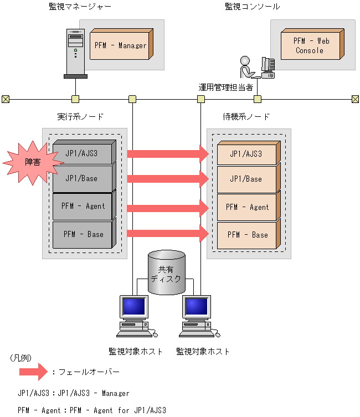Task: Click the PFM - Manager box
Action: [x=121, y=44]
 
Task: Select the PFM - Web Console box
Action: [x=312, y=44]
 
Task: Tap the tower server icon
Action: [x=75, y=54]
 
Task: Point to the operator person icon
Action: [x=246, y=67]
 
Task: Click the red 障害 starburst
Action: [x=33, y=162]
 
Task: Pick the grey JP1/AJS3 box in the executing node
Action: [x=84, y=152]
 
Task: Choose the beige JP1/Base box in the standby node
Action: [x=249, y=178]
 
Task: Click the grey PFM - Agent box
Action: [x=84, y=205]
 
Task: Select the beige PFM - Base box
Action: [x=249, y=234]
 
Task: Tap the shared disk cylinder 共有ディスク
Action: [x=167, y=272]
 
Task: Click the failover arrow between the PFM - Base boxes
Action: [x=168, y=233]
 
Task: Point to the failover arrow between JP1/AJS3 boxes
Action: [x=168, y=154]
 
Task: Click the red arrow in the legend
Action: [x=33, y=372]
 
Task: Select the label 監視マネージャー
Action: [x=80, y=7]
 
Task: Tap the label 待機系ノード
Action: [x=246, y=116]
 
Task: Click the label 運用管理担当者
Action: [x=226, y=87]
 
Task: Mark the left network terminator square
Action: [x=6, y=99]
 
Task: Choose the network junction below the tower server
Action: [x=75, y=99]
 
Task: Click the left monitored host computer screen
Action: [x=134, y=306]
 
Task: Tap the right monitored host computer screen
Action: [x=197, y=306]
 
